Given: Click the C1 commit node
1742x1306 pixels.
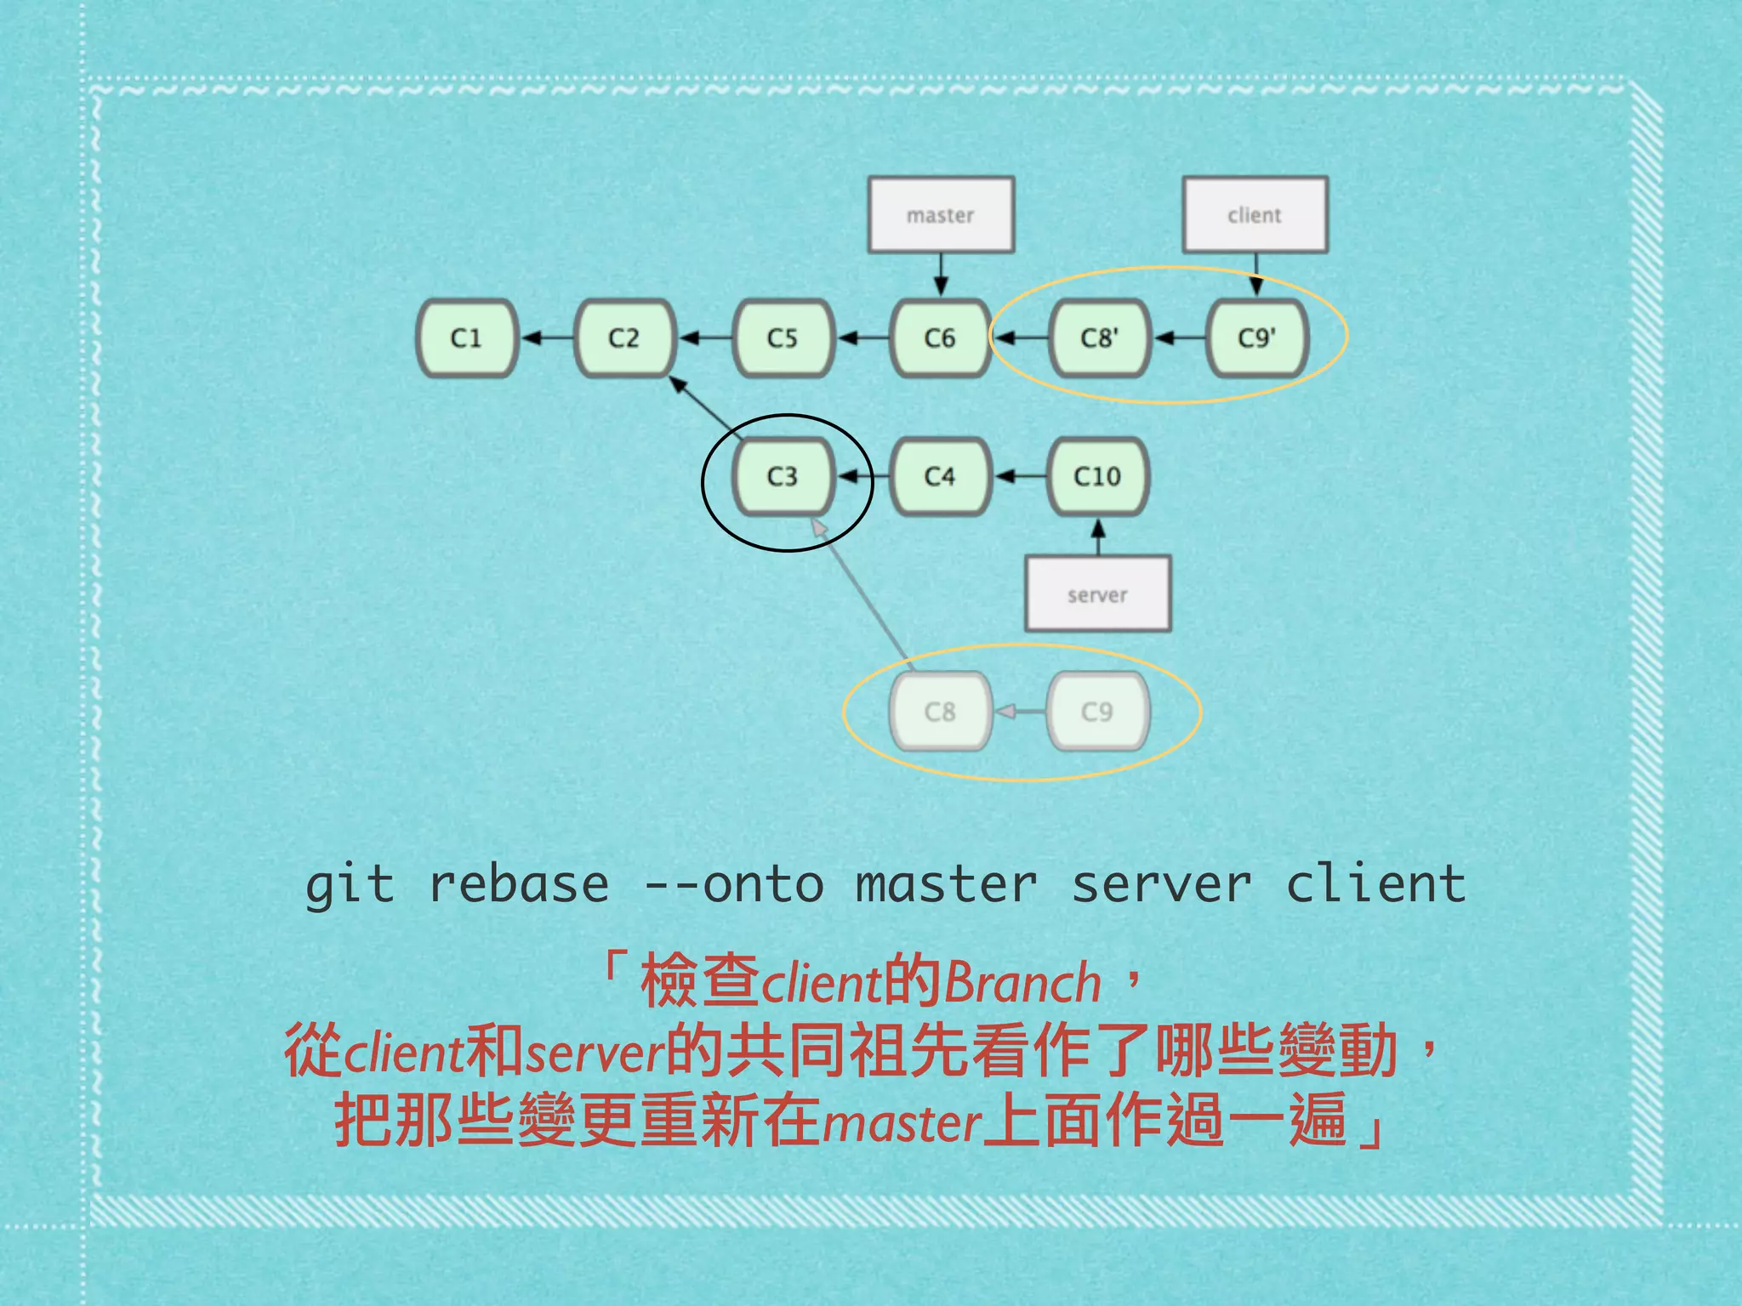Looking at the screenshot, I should coord(467,338).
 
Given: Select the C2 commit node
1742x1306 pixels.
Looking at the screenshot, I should coord(624,338).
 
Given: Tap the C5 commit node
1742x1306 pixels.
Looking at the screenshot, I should coord(783,338).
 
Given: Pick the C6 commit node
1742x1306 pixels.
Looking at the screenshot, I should coord(940,338).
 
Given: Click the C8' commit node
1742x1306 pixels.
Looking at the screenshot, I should coord(1099,338).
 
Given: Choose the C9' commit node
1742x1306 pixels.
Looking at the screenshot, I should coord(1257,338).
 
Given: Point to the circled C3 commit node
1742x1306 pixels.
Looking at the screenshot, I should coord(783,476).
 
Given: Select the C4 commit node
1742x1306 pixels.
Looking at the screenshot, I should coord(940,476).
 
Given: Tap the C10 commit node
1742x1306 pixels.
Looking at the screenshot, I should coord(1097,476).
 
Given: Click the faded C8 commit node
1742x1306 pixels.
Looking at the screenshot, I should coord(940,711).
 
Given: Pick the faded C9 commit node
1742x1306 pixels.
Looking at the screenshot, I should coord(1097,711).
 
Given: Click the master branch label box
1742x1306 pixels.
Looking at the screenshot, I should coord(941,215).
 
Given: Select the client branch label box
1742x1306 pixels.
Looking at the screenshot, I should coord(1255,215).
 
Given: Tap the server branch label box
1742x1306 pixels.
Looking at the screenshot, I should coord(1097,594).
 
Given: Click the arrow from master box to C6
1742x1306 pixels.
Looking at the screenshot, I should coord(941,275).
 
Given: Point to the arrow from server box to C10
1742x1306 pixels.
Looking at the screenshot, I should coord(1098,537).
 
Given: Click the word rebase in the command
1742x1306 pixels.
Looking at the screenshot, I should coord(519,884).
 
